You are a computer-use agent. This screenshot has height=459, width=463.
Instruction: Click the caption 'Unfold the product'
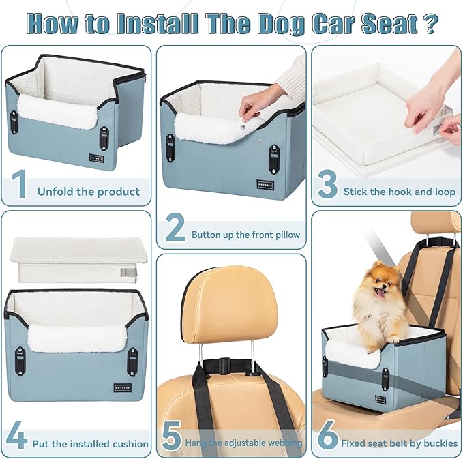[x=89, y=192]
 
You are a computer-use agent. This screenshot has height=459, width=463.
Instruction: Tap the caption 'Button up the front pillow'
[x=245, y=235]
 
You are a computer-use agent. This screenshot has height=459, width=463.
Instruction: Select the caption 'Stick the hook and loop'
[x=399, y=192]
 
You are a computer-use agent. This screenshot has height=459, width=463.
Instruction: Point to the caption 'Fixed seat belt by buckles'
[x=400, y=443]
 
